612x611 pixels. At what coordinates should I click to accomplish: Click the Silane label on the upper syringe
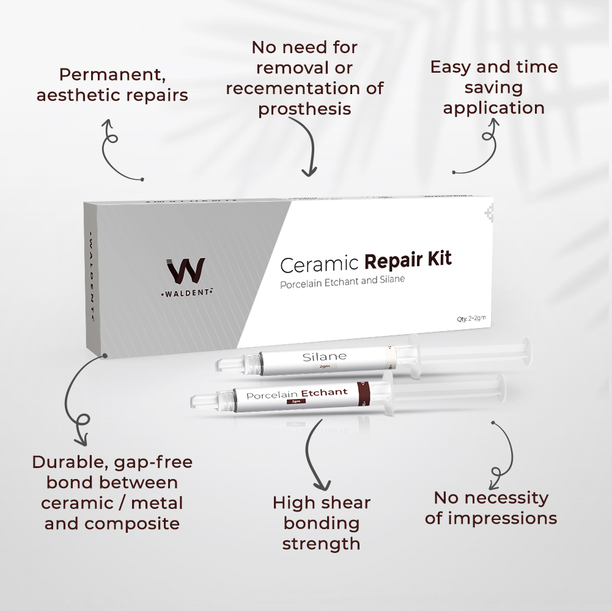324,356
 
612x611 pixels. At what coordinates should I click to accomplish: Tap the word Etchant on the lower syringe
324,392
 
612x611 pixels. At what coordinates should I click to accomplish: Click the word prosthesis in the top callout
304,109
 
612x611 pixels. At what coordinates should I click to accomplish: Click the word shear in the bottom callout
346,503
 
